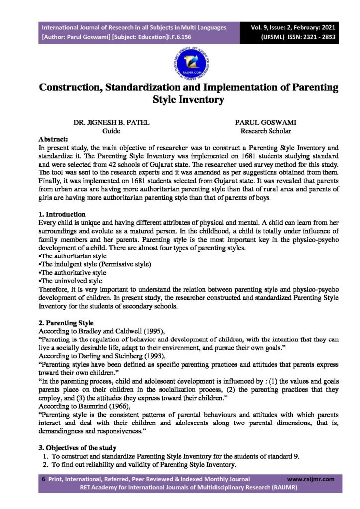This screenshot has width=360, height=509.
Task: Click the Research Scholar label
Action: point(265,131)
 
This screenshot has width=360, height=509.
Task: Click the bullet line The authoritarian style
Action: point(72,255)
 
